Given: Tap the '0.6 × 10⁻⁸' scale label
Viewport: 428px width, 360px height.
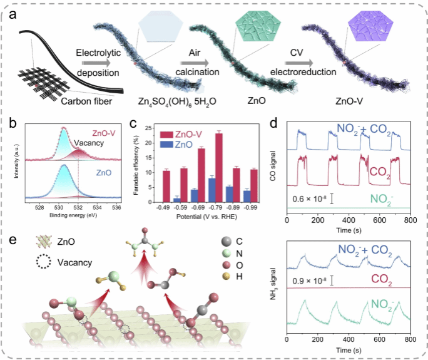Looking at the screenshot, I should pos(309,199).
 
